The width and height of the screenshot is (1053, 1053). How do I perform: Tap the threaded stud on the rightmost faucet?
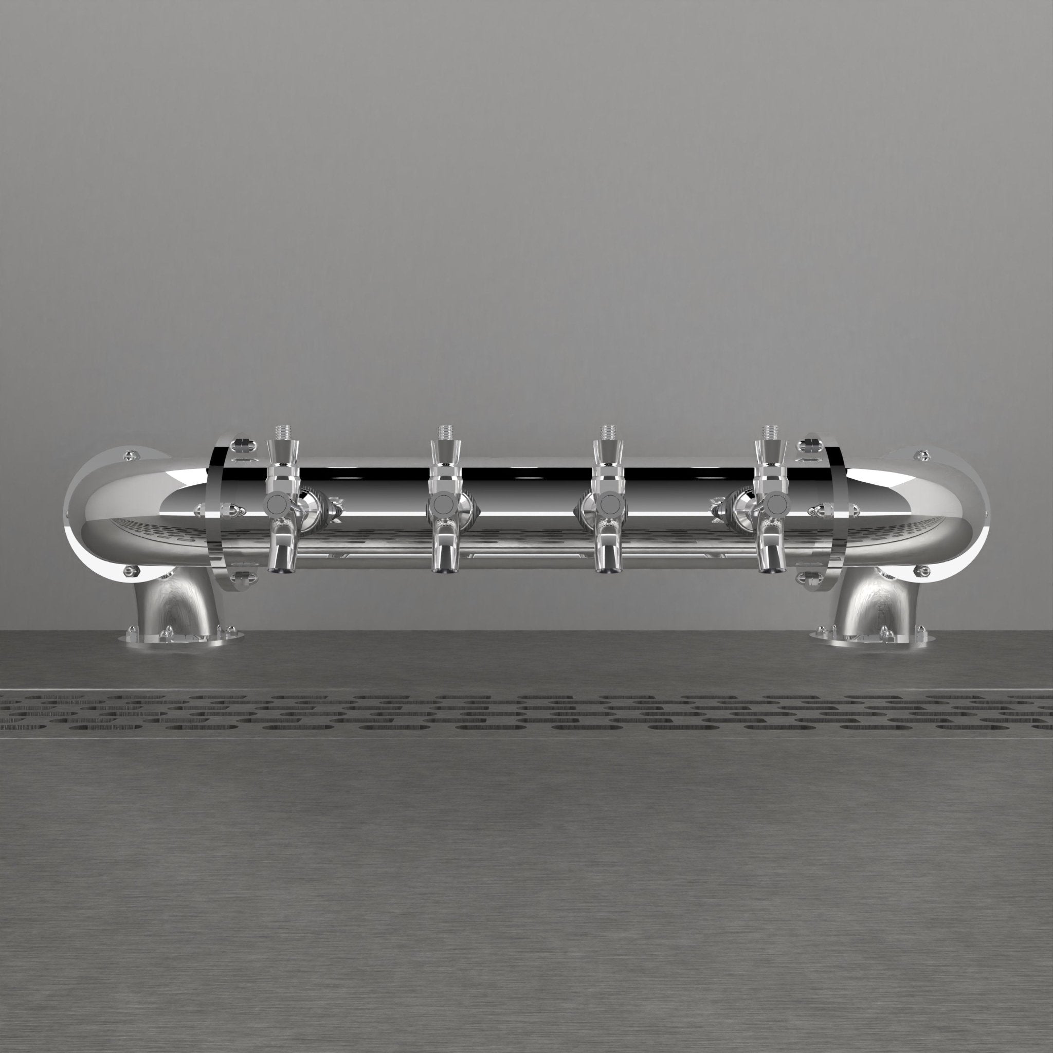tap(770, 432)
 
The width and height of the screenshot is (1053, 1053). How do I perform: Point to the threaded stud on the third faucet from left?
tap(608, 432)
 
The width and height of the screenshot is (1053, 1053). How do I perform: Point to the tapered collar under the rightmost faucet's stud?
tap(770, 452)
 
